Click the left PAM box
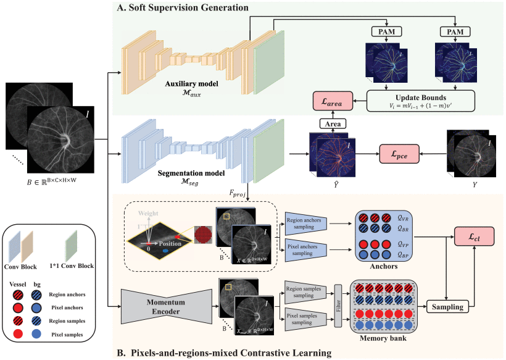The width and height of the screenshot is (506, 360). tap(387, 31)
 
